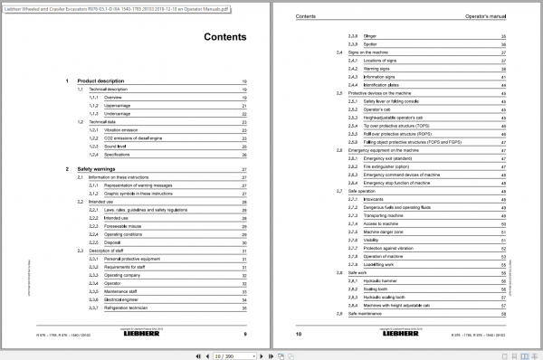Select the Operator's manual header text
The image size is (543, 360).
[x=490, y=15]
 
